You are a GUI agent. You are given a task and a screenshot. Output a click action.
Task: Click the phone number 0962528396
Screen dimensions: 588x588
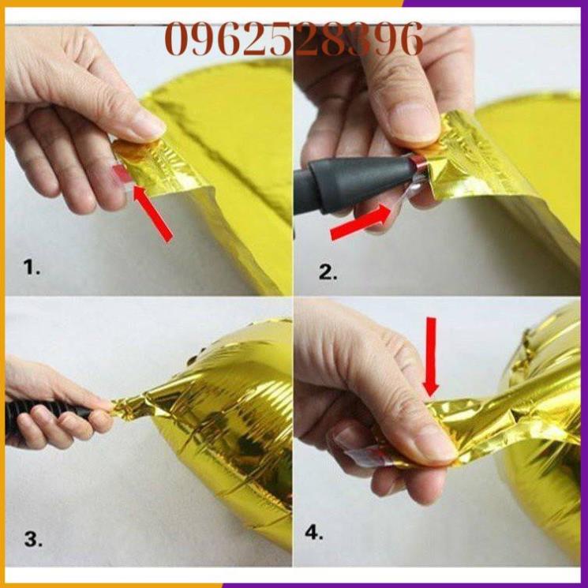294,39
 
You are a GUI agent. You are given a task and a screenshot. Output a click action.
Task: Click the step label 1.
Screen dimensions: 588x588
32,268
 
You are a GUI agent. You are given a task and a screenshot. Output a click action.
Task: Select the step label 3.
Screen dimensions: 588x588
32,540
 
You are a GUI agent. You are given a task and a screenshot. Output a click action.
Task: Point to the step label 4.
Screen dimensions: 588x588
314,533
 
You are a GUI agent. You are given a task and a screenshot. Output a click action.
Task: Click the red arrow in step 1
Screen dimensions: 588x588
154,212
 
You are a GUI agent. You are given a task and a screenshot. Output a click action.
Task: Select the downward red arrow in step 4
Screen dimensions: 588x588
429,355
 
